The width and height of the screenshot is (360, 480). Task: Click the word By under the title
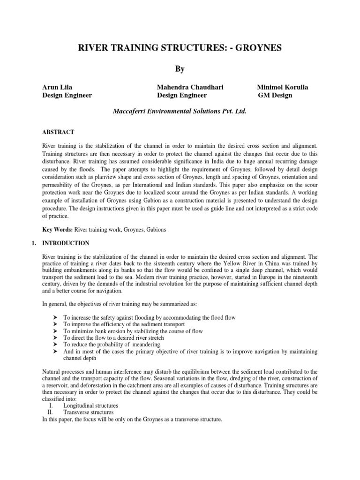coord(180,69)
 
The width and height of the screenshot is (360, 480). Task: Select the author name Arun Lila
coord(58,87)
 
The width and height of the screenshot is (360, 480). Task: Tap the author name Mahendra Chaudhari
coord(190,87)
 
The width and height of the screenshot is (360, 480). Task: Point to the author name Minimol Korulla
coord(282,87)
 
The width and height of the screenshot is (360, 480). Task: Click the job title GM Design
coord(275,95)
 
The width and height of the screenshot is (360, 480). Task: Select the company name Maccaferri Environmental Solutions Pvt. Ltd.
coord(180,112)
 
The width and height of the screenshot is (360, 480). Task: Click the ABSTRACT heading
coord(58,132)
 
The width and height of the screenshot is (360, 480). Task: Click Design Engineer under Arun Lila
coord(67,95)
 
